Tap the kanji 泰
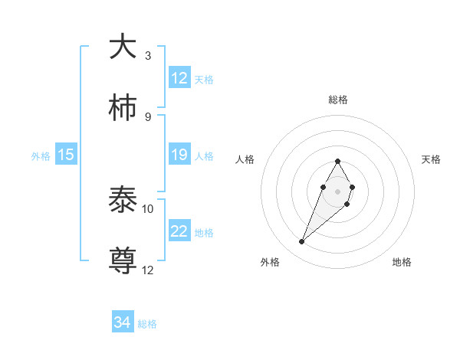click(x=123, y=201)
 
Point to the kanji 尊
click(x=123, y=260)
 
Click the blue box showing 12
click(x=179, y=78)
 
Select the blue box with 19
click(x=179, y=155)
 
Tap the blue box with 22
click(x=179, y=232)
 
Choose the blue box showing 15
click(x=66, y=155)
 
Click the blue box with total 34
click(x=123, y=322)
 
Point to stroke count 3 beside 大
click(x=148, y=56)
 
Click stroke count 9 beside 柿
click(x=148, y=117)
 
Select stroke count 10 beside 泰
click(x=148, y=209)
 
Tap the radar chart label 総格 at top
click(x=337, y=100)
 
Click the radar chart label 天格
click(x=431, y=159)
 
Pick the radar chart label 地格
click(x=402, y=262)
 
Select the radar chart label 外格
click(x=270, y=262)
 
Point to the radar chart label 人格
click(x=245, y=159)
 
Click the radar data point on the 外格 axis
click(x=301, y=242)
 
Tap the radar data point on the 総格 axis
click(x=337, y=162)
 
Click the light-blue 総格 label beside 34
click(x=147, y=324)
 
